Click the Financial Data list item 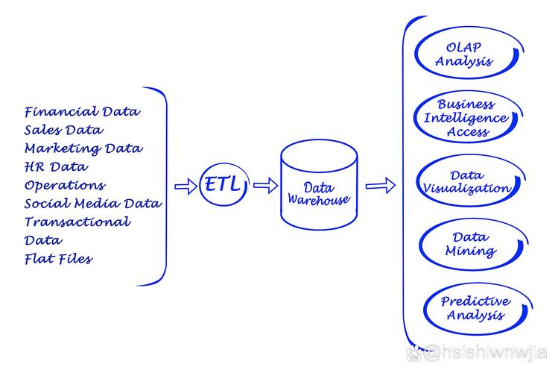(82, 112)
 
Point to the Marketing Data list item (83, 148)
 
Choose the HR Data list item (55, 167)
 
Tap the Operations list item (64, 185)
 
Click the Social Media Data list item (93, 204)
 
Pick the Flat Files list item (58, 259)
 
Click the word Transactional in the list (77, 222)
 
